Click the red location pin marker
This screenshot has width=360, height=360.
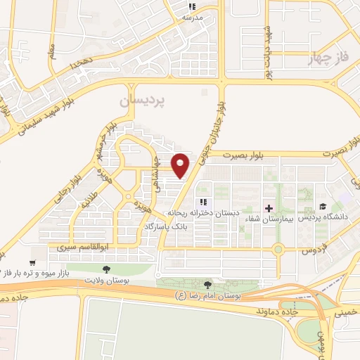[181, 165]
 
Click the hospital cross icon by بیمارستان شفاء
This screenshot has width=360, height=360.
[269, 208]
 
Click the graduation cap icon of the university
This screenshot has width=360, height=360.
[323, 207]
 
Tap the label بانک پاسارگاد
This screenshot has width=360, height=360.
[166, 228]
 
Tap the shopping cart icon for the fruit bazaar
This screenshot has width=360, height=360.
[33, 261]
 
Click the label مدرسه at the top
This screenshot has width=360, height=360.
[193, 16]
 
